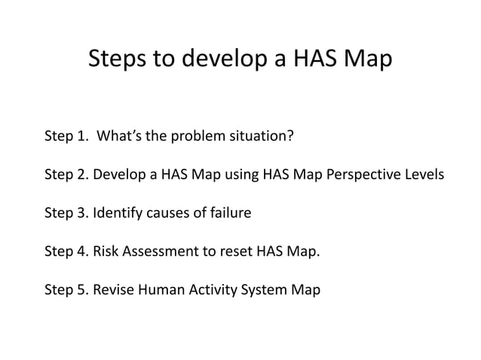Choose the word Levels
click(x=424, y=175)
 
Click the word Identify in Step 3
click(x=118, y=213)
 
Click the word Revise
click(x=113, y=290)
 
